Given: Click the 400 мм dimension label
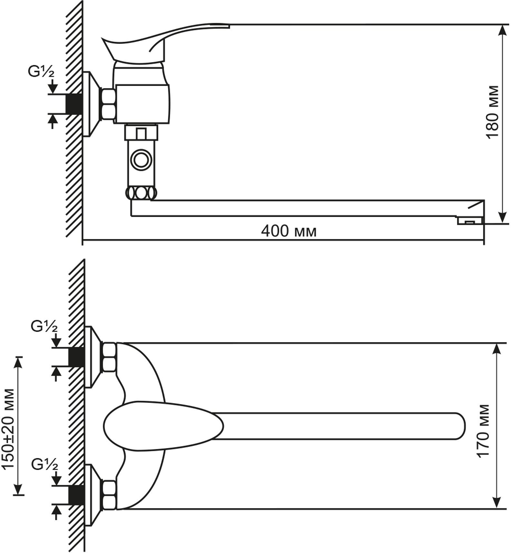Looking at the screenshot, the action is [x=289, y=231].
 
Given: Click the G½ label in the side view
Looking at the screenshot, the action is [x=41, y=72].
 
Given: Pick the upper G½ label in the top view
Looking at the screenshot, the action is [x=44, y=327].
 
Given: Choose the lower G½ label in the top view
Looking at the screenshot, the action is [x=45, y=465].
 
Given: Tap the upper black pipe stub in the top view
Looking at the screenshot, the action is [x=77, y=357].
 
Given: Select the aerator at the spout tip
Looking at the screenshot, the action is [x=469, y=221].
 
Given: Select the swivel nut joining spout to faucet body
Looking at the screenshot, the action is [x=141, y=193].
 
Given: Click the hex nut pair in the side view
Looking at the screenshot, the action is [x=108, y=104].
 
